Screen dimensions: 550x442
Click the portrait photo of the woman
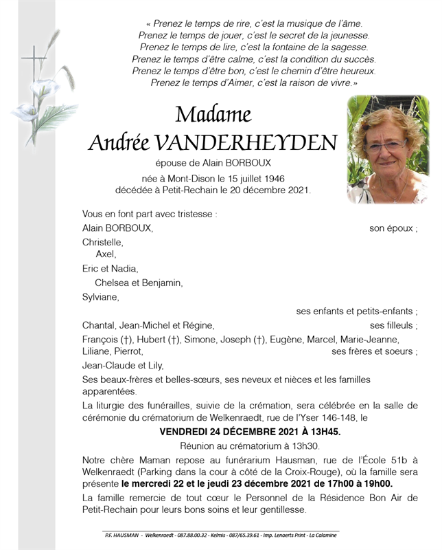388,149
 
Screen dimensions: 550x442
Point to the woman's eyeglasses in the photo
387,146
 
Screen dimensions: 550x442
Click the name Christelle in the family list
103,242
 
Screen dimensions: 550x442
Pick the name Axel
106,255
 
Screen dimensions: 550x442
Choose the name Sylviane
100,297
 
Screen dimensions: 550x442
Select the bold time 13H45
324,432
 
